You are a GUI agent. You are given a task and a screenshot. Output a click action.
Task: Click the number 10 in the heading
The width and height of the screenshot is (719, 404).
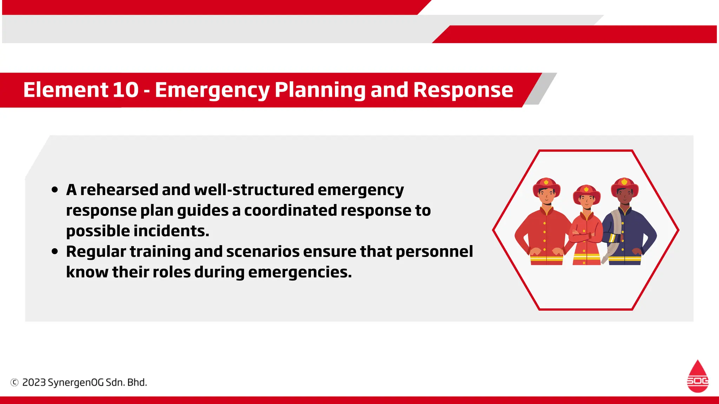125,90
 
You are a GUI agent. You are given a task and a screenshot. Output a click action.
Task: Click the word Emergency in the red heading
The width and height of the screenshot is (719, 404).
212,90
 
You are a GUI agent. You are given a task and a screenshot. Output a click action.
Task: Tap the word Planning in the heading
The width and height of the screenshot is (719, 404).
319,90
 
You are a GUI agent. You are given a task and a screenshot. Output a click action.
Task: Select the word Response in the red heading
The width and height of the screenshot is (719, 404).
463,90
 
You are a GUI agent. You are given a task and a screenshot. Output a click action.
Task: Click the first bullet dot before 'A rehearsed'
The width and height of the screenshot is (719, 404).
54,190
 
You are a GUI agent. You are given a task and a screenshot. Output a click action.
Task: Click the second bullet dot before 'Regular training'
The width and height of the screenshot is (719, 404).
54,252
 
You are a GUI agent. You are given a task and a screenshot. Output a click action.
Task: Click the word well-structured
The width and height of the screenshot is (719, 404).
254,190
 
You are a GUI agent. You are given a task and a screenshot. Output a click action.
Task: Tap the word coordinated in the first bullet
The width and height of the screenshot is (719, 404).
290,210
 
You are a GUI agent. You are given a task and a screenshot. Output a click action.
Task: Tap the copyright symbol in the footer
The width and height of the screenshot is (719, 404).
14,382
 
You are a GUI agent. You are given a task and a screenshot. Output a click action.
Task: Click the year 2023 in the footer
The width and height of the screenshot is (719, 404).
34,382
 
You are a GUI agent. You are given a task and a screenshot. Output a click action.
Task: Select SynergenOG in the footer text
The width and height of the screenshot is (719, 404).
75,382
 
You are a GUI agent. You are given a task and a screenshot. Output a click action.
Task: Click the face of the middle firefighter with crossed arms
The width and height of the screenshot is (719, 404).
586,201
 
